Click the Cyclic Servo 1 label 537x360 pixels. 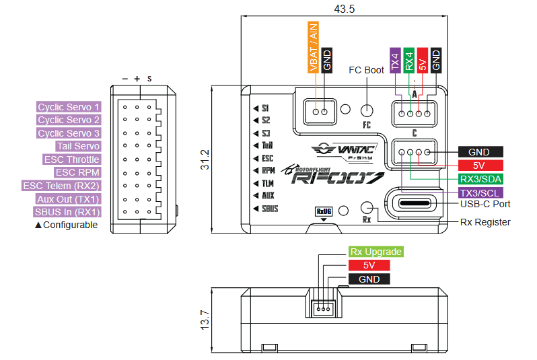(x=69, y=107)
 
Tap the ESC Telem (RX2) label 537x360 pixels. (x=61, y=186)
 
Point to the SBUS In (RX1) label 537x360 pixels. (x=67, y=212)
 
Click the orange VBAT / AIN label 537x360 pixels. (x=313, y=47)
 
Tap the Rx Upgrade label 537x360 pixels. (x=375, y=252)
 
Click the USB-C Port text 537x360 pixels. (x=485, y=204)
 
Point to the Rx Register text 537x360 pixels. (x=485, y=222)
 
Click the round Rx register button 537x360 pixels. (x=367, y=207)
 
